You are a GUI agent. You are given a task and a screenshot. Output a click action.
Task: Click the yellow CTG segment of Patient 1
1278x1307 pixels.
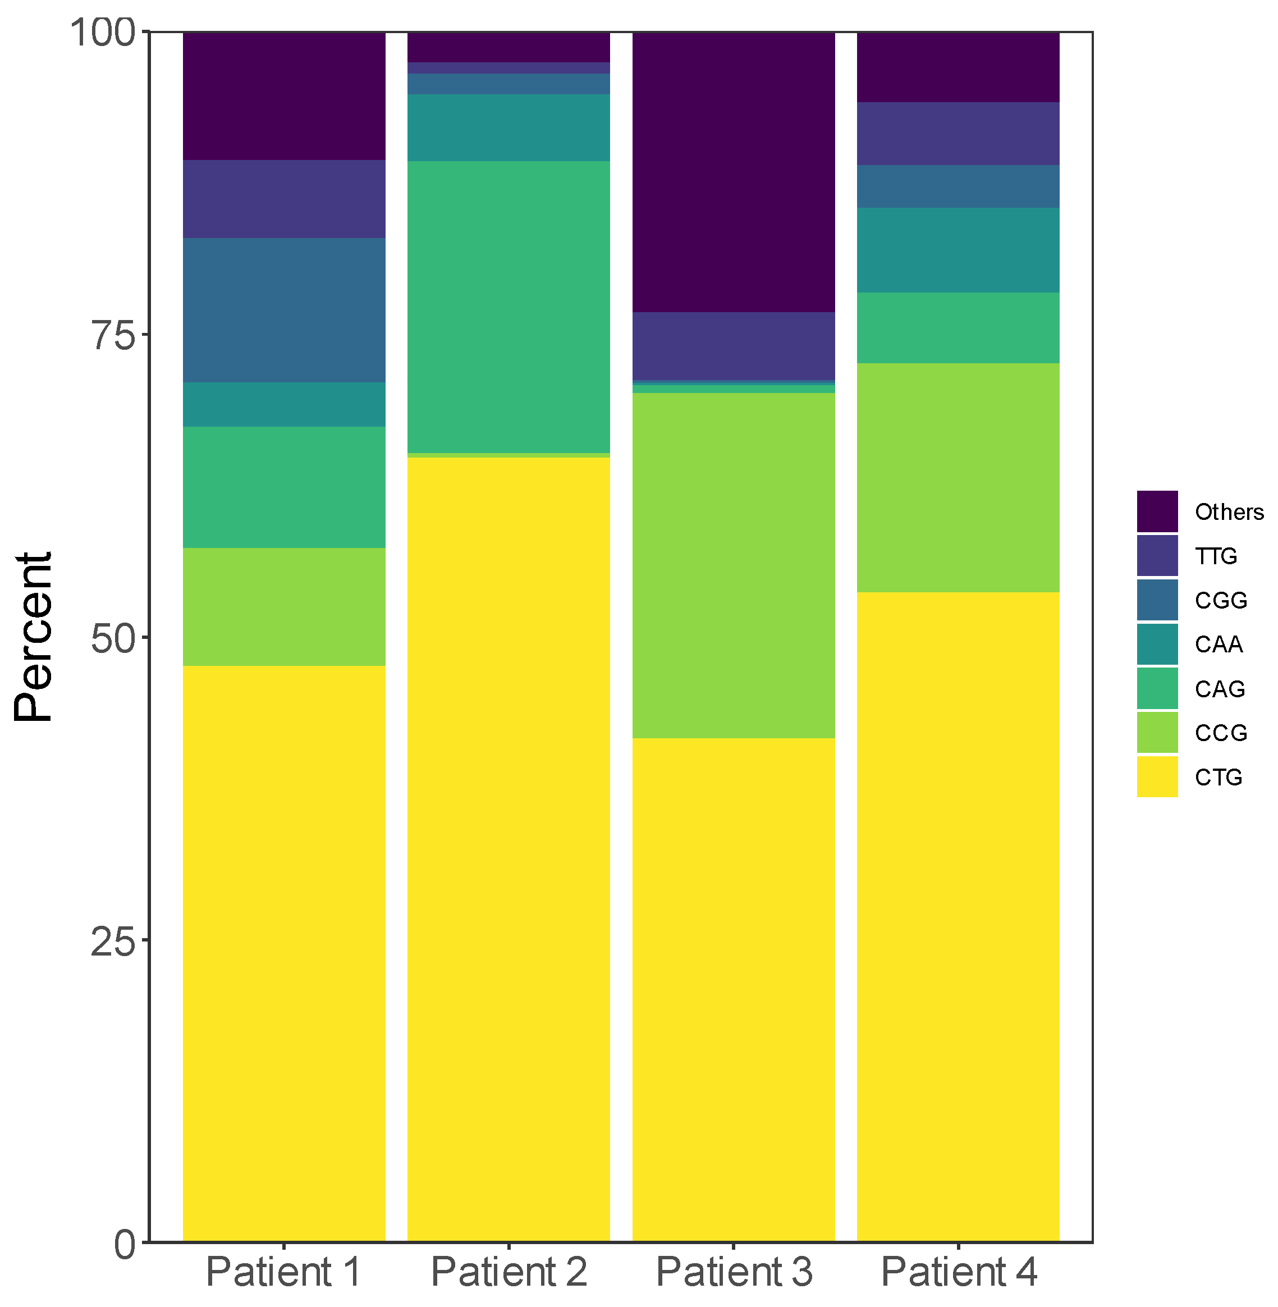(x=284, y=953)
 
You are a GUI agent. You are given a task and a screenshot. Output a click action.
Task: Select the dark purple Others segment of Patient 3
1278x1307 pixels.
(x=733, y=172)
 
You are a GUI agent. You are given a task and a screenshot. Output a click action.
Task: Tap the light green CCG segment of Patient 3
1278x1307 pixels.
(x=733, y=565)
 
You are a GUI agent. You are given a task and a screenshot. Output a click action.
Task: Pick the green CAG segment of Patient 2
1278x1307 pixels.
(x=508, y=307)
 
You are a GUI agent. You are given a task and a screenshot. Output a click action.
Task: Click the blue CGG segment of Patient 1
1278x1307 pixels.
(x=284, y=310)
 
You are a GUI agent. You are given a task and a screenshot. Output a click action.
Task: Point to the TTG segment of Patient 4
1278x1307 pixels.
(x=958, y=134)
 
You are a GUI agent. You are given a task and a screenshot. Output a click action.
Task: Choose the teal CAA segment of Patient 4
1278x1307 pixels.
(x=958, y=250)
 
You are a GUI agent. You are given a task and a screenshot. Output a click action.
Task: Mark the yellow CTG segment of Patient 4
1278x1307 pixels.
(x=958, y=916)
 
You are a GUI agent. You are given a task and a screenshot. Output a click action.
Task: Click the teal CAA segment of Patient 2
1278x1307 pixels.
(x=508, y=127)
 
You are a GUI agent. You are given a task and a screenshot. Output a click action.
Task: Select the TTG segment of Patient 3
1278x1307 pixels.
(x=733, y=346)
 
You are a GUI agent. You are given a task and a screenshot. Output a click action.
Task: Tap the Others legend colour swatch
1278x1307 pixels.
(x=1157, y=511)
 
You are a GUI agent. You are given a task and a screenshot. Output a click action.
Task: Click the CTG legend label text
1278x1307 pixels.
(x=1219, y=778)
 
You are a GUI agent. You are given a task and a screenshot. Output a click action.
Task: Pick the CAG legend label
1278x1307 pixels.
(x=1220, y=689)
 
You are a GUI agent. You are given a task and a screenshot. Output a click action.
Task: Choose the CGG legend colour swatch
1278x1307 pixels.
(x=1157, y=600)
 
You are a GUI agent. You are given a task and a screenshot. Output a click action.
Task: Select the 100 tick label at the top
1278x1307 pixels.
(x=103, y=32)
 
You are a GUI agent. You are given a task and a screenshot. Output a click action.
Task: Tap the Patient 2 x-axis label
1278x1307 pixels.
(x=508, y=1272)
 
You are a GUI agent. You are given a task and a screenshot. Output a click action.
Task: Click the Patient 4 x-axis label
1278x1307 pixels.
(x=959, y=1272)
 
